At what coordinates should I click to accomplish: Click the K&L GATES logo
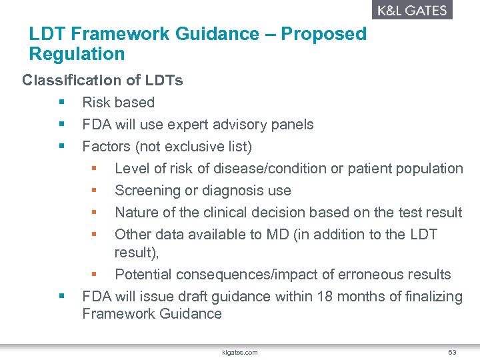pos(411,10)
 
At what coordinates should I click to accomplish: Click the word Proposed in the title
pos(323,34)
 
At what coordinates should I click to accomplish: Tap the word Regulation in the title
pos(77,54)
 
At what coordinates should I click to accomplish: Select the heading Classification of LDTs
pos(103,81)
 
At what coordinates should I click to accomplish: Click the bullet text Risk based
pos(118,103)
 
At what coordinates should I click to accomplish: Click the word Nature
pos(137,213)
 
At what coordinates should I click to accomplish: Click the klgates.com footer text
pos(239,352)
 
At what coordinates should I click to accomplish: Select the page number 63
pos(452,352)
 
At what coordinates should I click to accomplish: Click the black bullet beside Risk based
pos(62,103)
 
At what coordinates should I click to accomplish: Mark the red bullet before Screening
pos(95,191)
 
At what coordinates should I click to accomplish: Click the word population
pos(431,169)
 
